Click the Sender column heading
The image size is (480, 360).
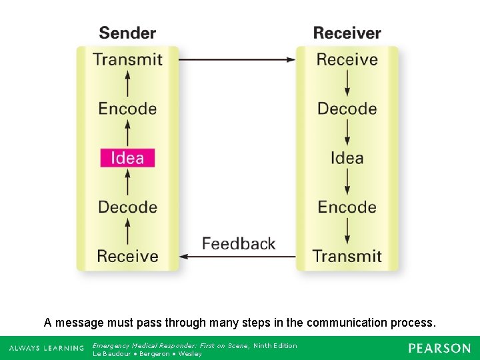(x=127, y=33)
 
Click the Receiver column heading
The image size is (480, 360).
(x=347, y=33)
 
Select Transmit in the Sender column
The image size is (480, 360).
(x=128, y=59)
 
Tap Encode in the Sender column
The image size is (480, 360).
(x=127, y=109)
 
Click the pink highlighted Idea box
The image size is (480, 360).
(x=127, y=158)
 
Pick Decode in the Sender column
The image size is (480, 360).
(x=127, y=207)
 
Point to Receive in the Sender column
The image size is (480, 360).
(x=127, y=256)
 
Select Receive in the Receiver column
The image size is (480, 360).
(x=347, y=59)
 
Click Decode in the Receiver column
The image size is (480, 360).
(x=347, y=109)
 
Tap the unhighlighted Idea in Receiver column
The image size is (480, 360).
(x=347, y=158)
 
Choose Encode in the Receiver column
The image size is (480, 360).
(x=347, y=207)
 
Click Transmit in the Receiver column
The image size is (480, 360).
(x=347, y=256)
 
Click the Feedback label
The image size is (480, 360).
(x=239, y=243)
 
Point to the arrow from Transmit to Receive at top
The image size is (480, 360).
(x=237, y=59)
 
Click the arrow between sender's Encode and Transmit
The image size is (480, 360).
(x=127, y=84)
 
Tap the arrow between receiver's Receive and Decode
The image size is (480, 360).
(x=347, y=84)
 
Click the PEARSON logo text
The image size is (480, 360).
(x=439, y=348)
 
